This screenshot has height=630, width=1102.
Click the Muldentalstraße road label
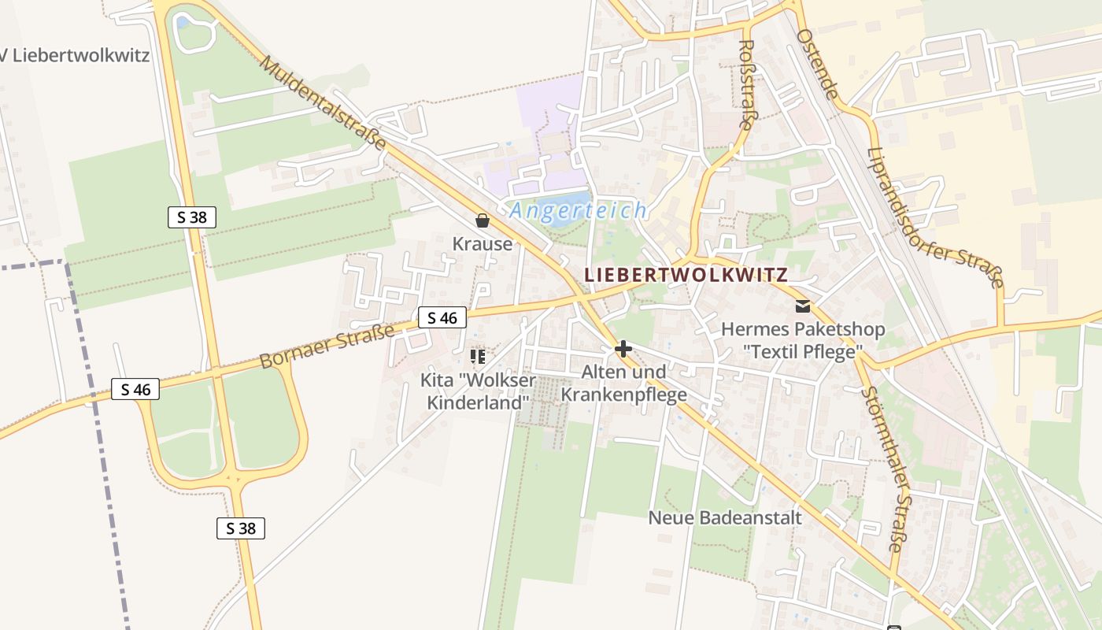(324, 102)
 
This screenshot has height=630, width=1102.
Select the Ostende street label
(816, 64)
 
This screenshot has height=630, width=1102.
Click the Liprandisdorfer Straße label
(935, 218)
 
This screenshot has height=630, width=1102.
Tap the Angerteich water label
(579, 210)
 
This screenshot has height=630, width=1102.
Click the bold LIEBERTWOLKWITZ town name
(686, 275)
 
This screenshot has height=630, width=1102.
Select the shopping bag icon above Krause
(483, 220)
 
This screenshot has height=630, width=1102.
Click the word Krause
(483, 244)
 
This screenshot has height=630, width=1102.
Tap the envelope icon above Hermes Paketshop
(803, 306)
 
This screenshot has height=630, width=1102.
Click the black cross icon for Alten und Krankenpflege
(623, 348)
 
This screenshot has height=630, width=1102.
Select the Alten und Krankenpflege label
(623, 384)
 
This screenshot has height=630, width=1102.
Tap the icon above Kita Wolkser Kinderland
(477, 357)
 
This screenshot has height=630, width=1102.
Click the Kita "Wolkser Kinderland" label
(477, 391)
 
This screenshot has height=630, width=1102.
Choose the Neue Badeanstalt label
(725, 517)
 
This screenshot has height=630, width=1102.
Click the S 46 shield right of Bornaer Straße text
(442, 317)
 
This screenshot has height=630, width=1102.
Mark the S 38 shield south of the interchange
(241, 528)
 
